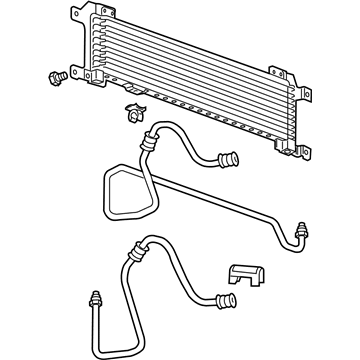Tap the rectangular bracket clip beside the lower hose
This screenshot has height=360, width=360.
click(243, 277)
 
